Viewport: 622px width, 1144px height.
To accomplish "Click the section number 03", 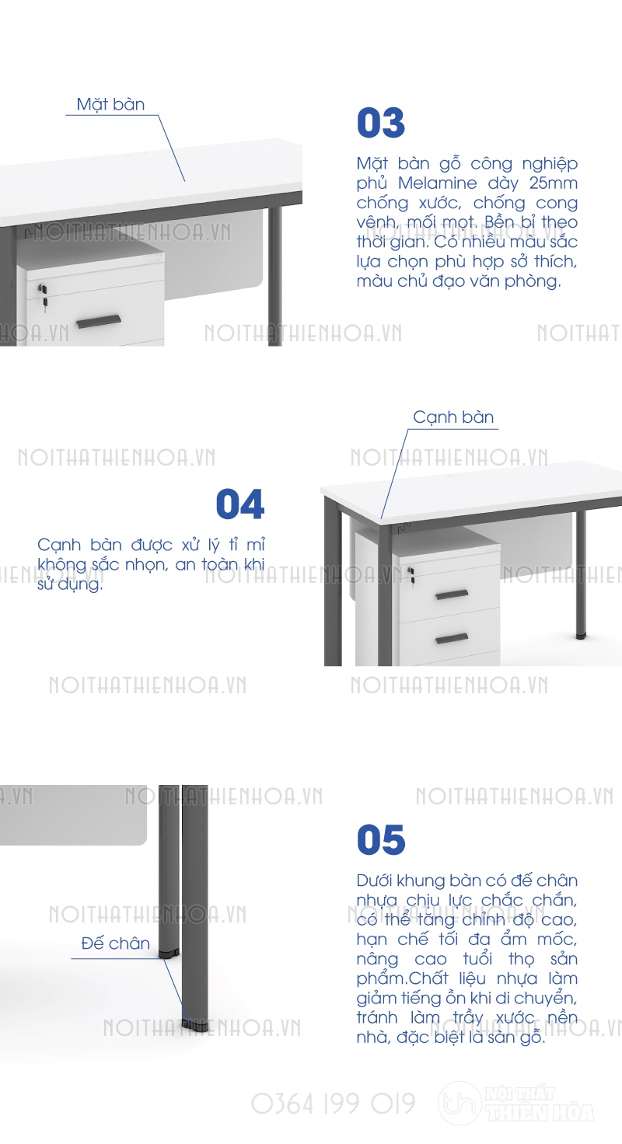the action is (x=381, y=123).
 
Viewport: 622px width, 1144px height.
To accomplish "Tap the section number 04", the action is (x=240, y=504).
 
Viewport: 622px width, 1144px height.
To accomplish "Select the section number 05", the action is (x=381, y=839).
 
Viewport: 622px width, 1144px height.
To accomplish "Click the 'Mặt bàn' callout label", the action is (x=110, y=104).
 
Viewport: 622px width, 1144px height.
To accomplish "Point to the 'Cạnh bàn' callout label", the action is (x=453, y=417).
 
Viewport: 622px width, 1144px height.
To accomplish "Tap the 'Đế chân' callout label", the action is (x=116, y=943).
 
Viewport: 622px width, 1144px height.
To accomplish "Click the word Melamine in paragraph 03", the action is (x=438, y=183).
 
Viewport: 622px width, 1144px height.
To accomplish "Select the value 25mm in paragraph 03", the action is (x=553, y=183).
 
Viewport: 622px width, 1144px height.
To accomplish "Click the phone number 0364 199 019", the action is (x=334, y=1104).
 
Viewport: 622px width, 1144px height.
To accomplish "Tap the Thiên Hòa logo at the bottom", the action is (x=516, y=1103).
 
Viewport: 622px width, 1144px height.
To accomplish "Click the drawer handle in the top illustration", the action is (x=99, y=321).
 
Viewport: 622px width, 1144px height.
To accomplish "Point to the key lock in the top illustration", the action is (x=44, y=295).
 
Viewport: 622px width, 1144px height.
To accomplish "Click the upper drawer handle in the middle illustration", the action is (x=452, y=595).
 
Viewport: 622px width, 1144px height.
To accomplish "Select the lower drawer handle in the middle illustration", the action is (x=452, y=638).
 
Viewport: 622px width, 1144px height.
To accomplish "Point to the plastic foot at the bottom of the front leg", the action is (x=194, y=1022).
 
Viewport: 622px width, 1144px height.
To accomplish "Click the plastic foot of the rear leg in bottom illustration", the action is (x=169, y=953).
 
